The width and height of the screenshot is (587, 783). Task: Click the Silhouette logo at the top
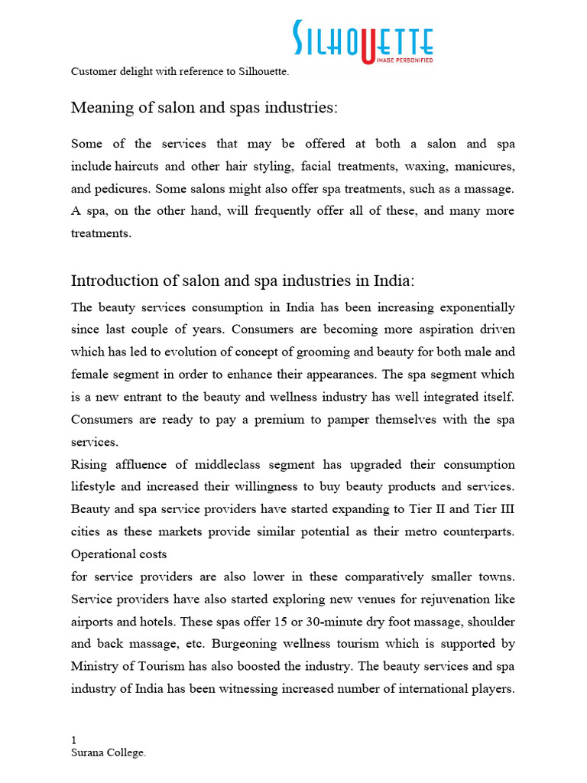point(363,41)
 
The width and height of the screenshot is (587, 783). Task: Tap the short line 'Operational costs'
point(118,554)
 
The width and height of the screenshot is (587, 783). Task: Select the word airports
point(94,622)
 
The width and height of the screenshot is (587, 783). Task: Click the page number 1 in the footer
point(73,740)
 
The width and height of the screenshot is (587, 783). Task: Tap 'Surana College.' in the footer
point(108,753)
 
